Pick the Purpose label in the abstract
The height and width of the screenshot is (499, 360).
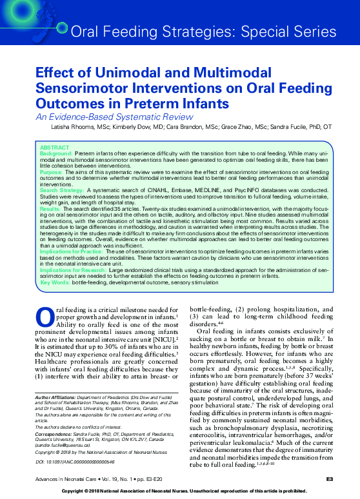click(x=51, y=172)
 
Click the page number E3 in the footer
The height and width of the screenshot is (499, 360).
click(x=328, y=478)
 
